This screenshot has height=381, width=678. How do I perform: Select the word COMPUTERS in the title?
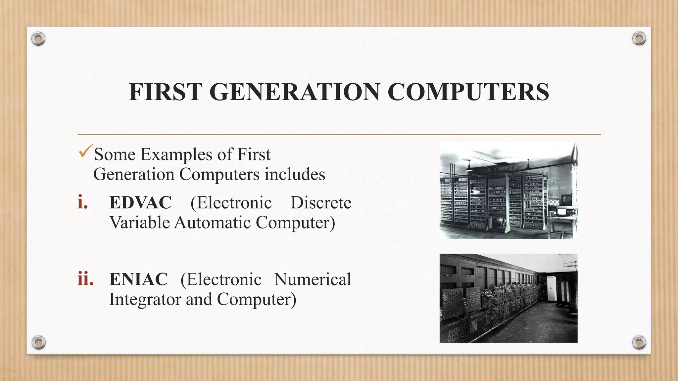(x=468, y=92)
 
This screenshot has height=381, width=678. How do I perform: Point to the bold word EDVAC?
(x=140, y=202)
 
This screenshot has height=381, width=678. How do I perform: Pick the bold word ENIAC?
(x=139, y=279)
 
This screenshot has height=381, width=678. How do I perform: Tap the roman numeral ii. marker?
(x=85, y=279)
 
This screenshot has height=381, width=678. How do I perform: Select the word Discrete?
(x=321, y=202)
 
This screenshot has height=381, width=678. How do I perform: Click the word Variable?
(x=140, y=222)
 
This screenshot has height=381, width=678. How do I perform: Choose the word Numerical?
(x=313, y=279)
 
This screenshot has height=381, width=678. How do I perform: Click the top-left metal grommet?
(x=38, y=39)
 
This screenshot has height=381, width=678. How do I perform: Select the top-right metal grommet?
(x=639, y=39)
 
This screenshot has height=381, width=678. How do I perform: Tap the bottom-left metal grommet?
(x=39, y=342)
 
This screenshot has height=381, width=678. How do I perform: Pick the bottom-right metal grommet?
(x=639, y=342)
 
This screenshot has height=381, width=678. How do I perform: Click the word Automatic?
(x=213, y=222)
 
